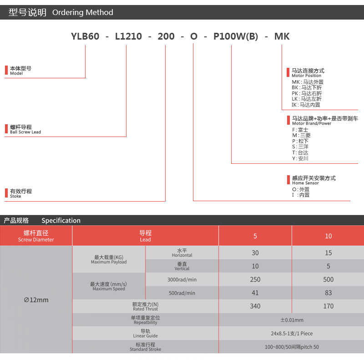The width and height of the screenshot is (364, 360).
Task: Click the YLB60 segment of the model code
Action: tap(85, 36)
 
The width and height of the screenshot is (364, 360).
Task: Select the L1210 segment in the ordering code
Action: tap(128, 36)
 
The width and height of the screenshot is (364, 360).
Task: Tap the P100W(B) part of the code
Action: tap(236, 36)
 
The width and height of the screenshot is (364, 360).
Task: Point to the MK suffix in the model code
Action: tap(282, 36)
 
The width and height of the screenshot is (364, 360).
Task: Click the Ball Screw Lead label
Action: tap(25, 132)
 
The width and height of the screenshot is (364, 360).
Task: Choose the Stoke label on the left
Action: tap(15, 196)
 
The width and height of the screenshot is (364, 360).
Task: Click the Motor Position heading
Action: tap(306, 76)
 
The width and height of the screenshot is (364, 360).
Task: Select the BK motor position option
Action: tap(307, 87)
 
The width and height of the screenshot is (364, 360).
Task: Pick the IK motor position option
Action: tap(306, 105)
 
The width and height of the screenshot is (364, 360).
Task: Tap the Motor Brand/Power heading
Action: tap(312, 123)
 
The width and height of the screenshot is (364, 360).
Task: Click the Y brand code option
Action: tap(300, 158)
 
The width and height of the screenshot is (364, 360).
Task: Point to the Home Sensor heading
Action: tap(305, 183)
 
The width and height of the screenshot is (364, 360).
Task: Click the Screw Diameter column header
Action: tap(36, 239)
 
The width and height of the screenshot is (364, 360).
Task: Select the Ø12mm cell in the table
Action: tap(36, 300)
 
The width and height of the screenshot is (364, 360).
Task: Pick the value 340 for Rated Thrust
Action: tap(255, 306)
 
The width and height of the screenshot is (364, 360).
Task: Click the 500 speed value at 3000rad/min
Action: tap(328, 279)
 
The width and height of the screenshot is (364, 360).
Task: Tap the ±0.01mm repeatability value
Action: tap(292, 320)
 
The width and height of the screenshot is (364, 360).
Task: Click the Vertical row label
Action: tap(182, 269)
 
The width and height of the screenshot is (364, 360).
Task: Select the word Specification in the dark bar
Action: tap(61, 220)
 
